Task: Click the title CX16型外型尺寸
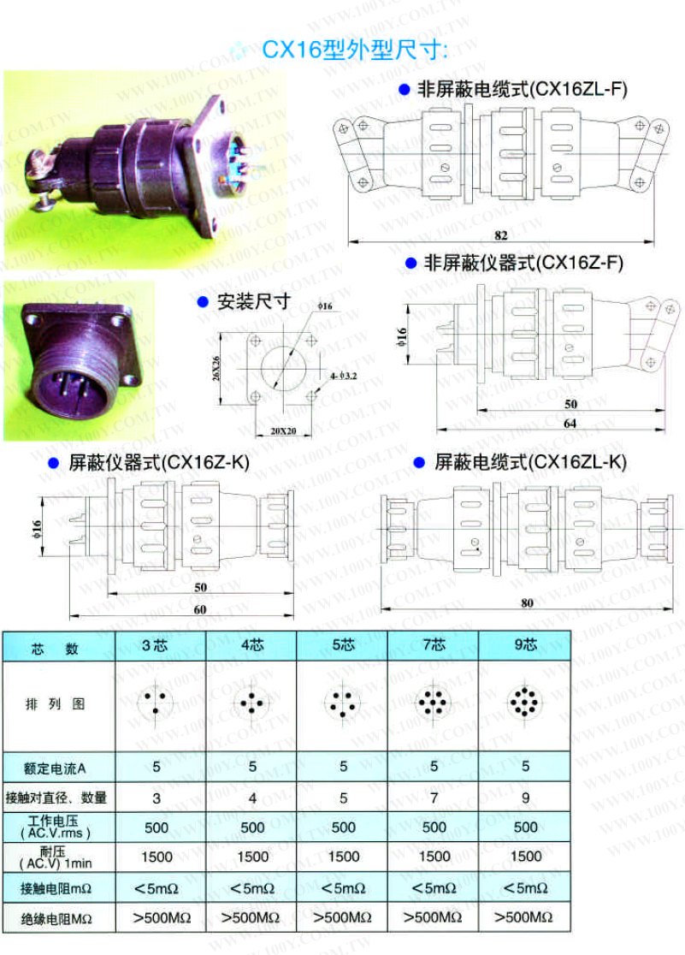point(354,50)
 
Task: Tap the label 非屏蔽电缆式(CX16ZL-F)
point(521,88)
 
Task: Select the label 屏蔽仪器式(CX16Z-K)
point(159,463)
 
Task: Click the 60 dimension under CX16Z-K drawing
point(199,609)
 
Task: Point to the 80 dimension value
point(527,602)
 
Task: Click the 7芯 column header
point(434,645)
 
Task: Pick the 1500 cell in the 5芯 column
point(344,856)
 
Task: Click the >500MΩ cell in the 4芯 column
point(251,918)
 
